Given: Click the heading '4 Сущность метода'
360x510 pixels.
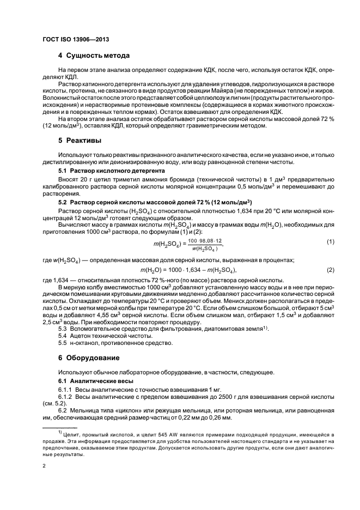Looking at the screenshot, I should click(x=94, y=56).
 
